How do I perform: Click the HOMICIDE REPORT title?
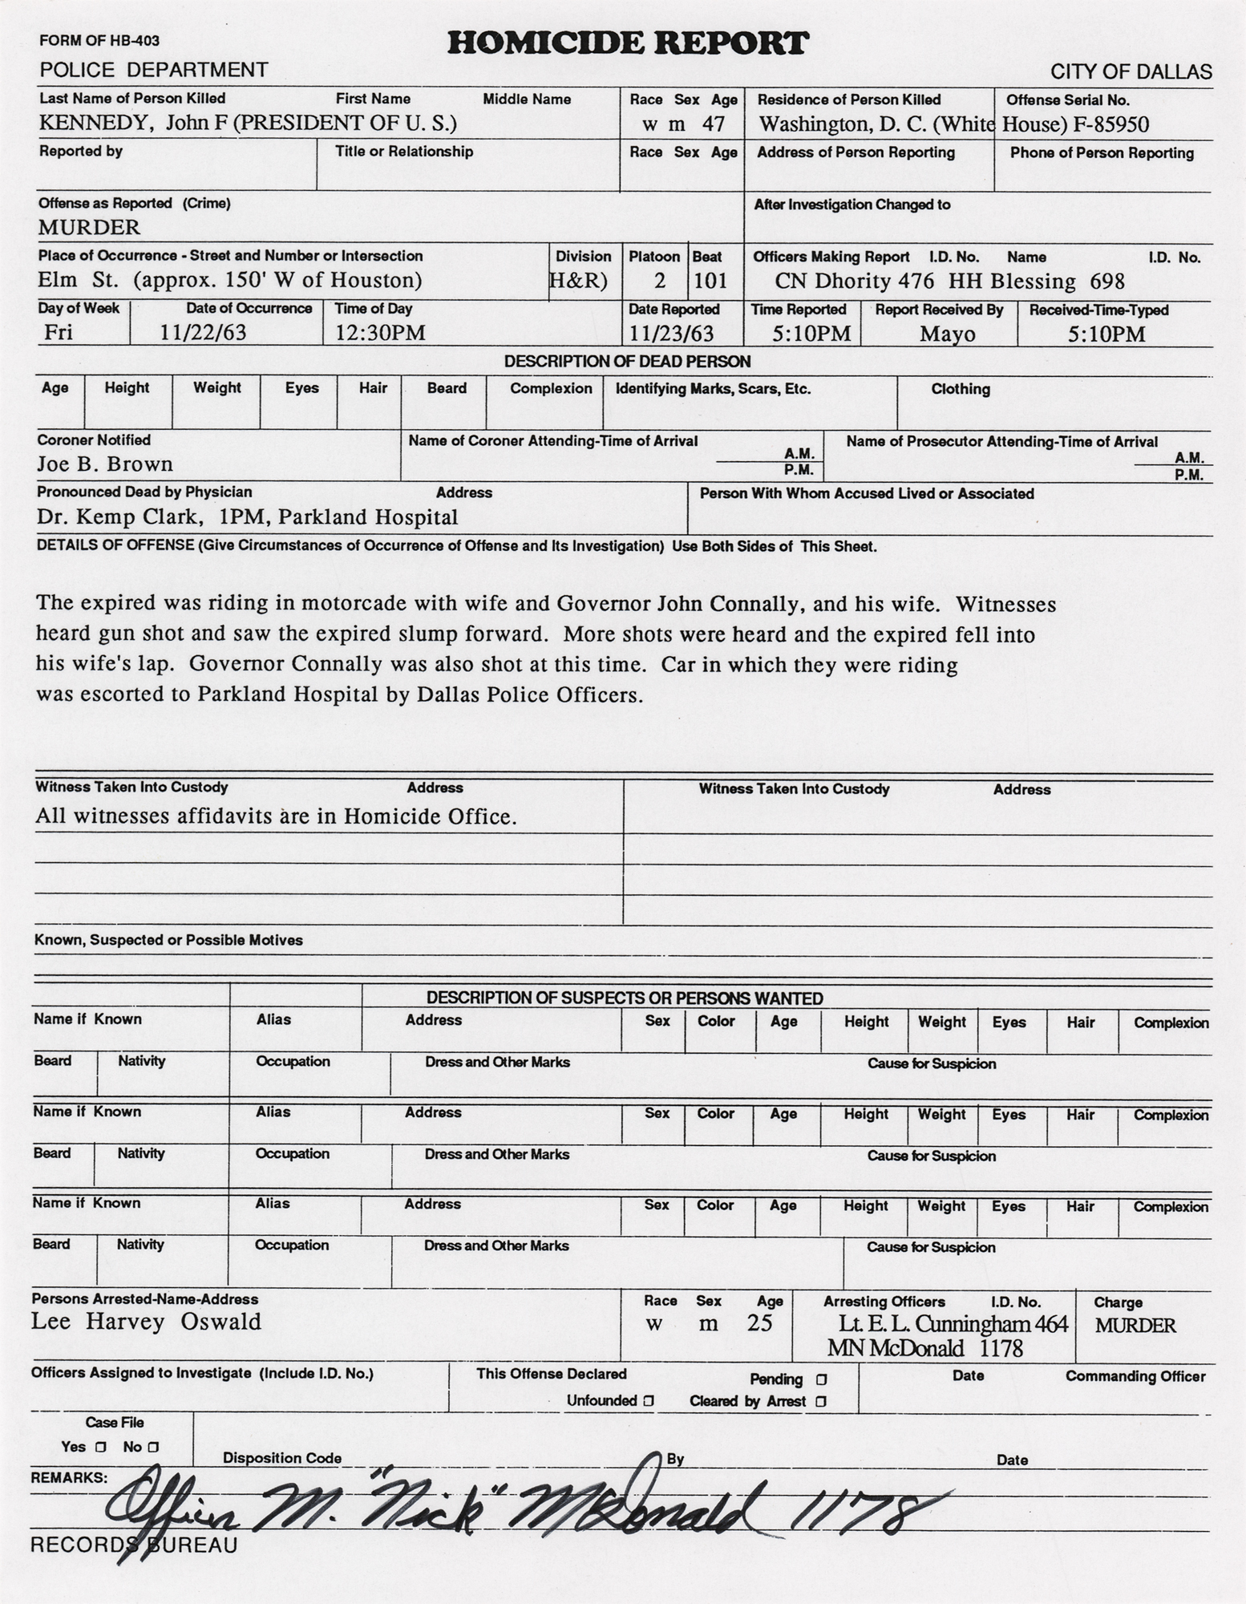[627, 43]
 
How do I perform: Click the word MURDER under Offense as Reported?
[89, 228]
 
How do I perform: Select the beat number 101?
[710, 281]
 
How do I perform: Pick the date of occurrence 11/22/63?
[203, 332]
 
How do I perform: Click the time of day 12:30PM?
[380, 332]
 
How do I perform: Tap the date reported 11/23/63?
[671, 334]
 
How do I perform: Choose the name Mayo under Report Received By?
[947, 334]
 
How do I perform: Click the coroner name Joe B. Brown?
[105, 464]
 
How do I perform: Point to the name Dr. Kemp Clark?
[116, 516]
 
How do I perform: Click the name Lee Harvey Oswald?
[146, 1322]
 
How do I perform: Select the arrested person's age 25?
[759, 1323]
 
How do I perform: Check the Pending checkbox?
[820, 1379]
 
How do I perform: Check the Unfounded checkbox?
[649, 1401]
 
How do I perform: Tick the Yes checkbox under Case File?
[100, 1448]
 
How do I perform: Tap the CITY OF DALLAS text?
[1131, 72]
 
